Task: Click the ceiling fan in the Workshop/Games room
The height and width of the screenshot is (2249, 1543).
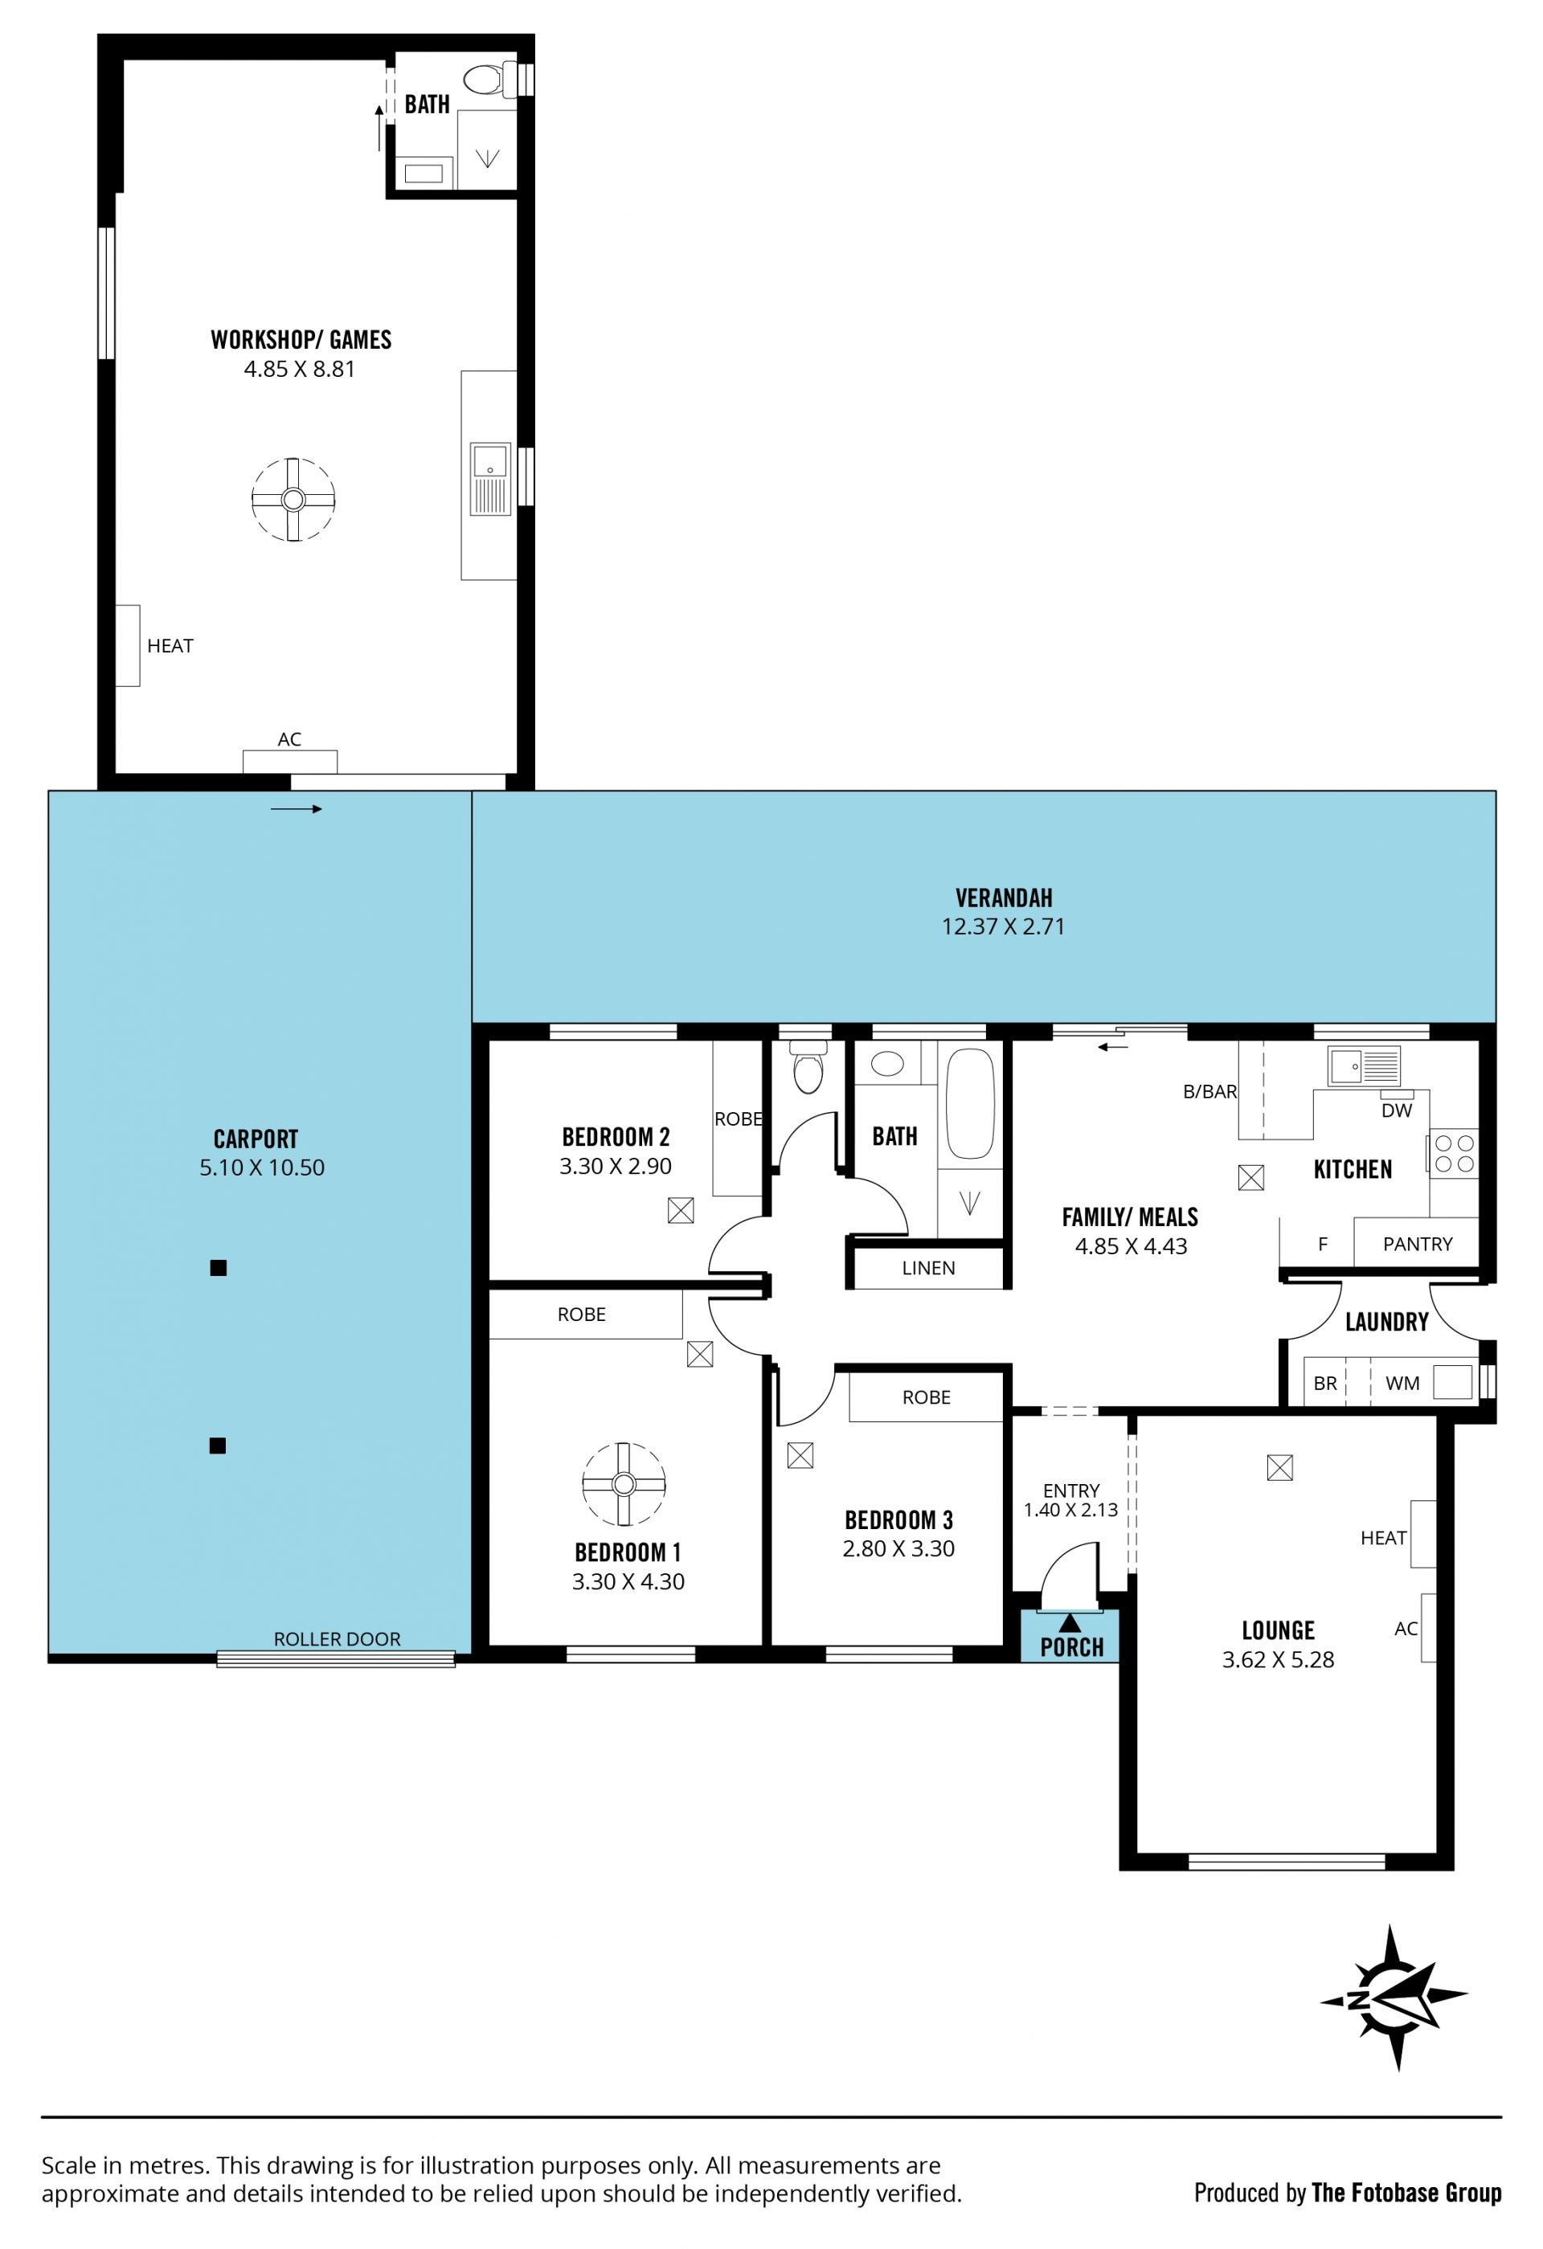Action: [293, 499]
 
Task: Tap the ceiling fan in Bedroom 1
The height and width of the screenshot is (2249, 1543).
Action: [624, 1483]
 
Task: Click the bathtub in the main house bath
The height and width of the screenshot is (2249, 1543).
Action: [970, 1104]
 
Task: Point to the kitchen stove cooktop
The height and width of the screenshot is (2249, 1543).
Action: [1454, 1152]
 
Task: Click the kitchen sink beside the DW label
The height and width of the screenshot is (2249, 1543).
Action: [1364, 1066]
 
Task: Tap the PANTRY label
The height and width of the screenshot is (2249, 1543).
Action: [1417, 1245]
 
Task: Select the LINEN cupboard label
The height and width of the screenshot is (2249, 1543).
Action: [928, 1268]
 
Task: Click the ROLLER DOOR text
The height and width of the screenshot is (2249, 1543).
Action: [337, 1638]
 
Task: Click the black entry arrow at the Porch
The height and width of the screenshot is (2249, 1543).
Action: [1070, 1623]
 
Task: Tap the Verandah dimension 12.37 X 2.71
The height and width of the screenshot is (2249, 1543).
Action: [1003, 926]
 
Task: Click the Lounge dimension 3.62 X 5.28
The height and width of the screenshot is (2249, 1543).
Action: [1278, 1660]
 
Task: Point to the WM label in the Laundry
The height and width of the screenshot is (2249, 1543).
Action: [1402, 1384]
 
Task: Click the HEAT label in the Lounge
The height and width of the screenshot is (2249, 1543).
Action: [1383, 1538]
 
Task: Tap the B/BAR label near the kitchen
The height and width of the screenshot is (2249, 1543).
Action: [1210, 1092]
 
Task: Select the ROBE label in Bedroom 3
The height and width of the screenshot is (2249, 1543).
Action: [927, 1397]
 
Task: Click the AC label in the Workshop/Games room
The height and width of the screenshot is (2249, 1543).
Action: [289, 739]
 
